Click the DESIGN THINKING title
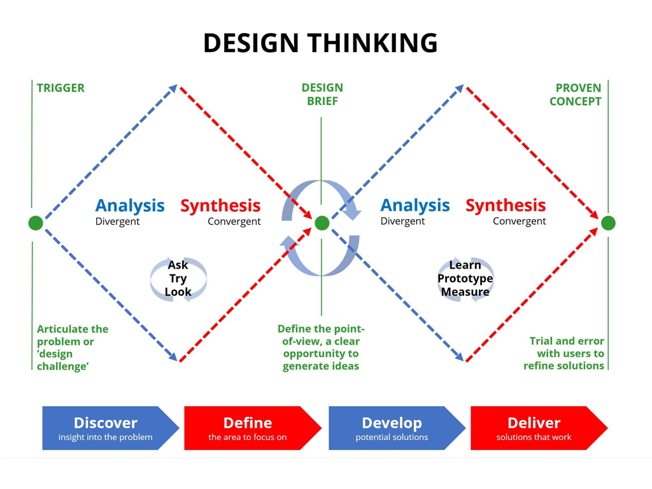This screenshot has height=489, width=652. [320, 43]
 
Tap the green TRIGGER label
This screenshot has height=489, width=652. [60, 88]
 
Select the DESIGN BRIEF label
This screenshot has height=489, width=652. [322, 94]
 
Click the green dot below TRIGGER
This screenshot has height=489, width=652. [36, 223]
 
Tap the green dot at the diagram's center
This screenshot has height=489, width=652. [322, 223]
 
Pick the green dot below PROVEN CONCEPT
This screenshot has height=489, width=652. [608, 223]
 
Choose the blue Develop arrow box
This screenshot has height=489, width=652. [392, 428]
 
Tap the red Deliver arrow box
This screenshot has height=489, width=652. [535, 428]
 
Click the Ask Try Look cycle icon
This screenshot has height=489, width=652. [178, 279]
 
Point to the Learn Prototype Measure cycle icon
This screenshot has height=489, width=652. [465, 279]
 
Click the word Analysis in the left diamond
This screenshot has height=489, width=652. [130, 206]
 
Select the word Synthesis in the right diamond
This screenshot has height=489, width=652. [506, 206]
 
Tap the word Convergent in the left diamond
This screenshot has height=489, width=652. [234, 222]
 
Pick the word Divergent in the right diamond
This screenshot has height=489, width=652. [402, 222]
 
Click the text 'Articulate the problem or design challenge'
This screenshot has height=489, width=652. [72, 348]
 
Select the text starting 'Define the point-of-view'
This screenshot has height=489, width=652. [321, 348]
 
